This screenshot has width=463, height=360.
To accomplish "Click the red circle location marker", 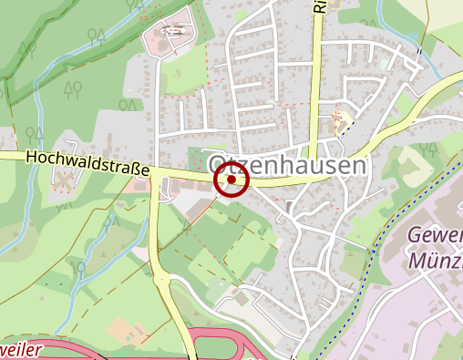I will pos(231,180).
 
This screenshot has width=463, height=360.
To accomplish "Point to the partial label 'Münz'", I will pos(436,261).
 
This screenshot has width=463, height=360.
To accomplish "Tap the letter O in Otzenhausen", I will pos(218,166).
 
